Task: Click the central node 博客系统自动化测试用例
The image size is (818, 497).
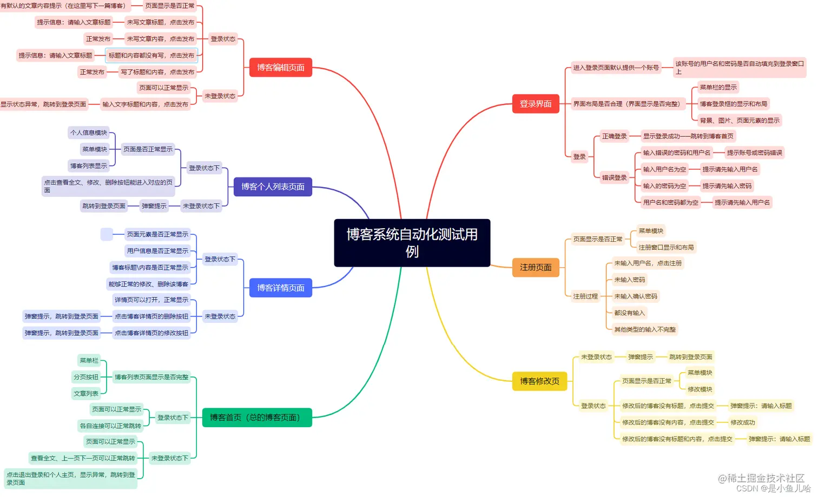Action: pyautogui.click(x=412, y=242)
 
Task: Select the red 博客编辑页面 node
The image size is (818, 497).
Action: pyautogui.click(x=280, y=68)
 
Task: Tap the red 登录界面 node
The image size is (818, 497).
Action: pyautogui.click(x=535, y=104)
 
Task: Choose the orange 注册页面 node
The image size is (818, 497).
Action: pyautogui.click(x=535, y=267)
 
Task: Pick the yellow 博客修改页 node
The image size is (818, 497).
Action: pyautogui.click(x=539, y=381)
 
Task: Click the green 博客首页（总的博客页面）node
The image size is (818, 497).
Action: pyautogui.click(x=256, y=418)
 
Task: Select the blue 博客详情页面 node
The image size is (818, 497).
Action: pyautogui.click(x=280, y=288)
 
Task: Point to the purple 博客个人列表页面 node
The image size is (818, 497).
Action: pyautogui.click(x=273, y=187)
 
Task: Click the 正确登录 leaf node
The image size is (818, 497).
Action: pyautogui.click(x=614, y=136)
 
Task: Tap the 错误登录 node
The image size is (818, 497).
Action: pyautogui.click(x=614, y=177)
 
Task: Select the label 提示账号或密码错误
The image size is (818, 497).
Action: pyautogui.click(x=754, y=153)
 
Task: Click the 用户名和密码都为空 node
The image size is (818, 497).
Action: pyautogui.click(x=670, y=202)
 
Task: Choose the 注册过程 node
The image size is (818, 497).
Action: pyautogui.click(x=585, y=296)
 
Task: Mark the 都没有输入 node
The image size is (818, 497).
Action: pyautogui.click(x=629, y=313)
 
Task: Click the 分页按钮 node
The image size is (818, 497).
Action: pyautogui.click(x=86, y=377)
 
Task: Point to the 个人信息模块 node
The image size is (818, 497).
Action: pyautogui.click(x=89, y=132)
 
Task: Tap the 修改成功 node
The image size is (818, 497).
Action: pyautogui.click(x=742, y=422)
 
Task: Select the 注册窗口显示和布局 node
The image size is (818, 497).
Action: pyautogui.click(x=666, y=247)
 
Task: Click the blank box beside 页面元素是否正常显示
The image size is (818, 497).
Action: pyautogui.click(x=107, y=234)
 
